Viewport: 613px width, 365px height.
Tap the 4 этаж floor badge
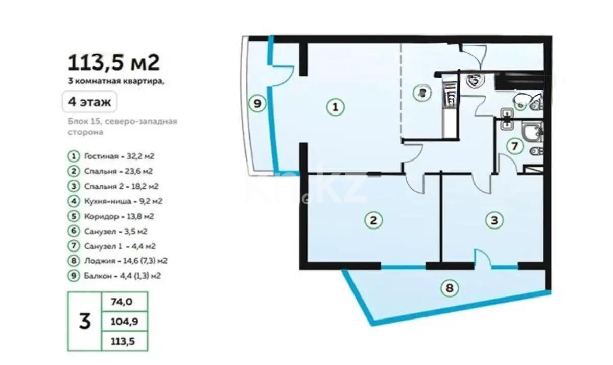[x=89, y=102]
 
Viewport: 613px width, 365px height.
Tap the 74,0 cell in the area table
[x=122, y=302]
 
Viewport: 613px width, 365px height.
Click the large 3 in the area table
[x=85, y=322]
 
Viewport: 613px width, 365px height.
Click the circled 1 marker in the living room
[x=335, y=107]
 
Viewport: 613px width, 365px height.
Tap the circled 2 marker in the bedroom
[x=373, y=220]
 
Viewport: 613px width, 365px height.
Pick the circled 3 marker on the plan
[x=493, y=220]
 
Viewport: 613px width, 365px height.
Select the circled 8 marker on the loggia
[x=449, y=288]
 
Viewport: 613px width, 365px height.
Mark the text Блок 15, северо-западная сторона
[x=123, y=126]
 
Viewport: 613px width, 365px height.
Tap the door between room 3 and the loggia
[x=483, y=259]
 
